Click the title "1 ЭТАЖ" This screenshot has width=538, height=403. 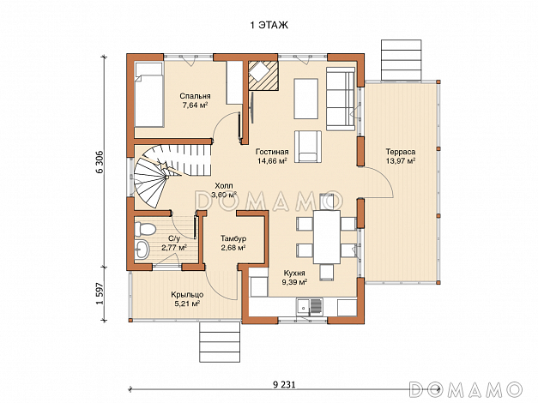pos(269,26)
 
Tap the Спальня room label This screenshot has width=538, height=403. pos(195,96)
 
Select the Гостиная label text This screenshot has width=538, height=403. pos(272,152)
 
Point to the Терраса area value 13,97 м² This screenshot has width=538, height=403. pos(401,160)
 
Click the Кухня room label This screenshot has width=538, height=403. pos(294,273)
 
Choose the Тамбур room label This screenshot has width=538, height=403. pos(233,238)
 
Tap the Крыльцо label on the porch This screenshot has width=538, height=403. pos(187,295)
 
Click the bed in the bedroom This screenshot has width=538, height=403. pos(148,95)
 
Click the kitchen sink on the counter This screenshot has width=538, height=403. pos(309,307)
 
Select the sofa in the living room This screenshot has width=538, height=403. pos(341,99)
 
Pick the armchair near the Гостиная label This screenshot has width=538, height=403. pos(308,146)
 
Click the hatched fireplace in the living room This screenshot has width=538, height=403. pos(263,75)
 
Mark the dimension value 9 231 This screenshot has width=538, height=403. pos(284,384)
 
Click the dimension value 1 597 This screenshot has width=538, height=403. pos(100,293)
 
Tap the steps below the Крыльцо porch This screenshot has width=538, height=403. pos(220,342)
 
